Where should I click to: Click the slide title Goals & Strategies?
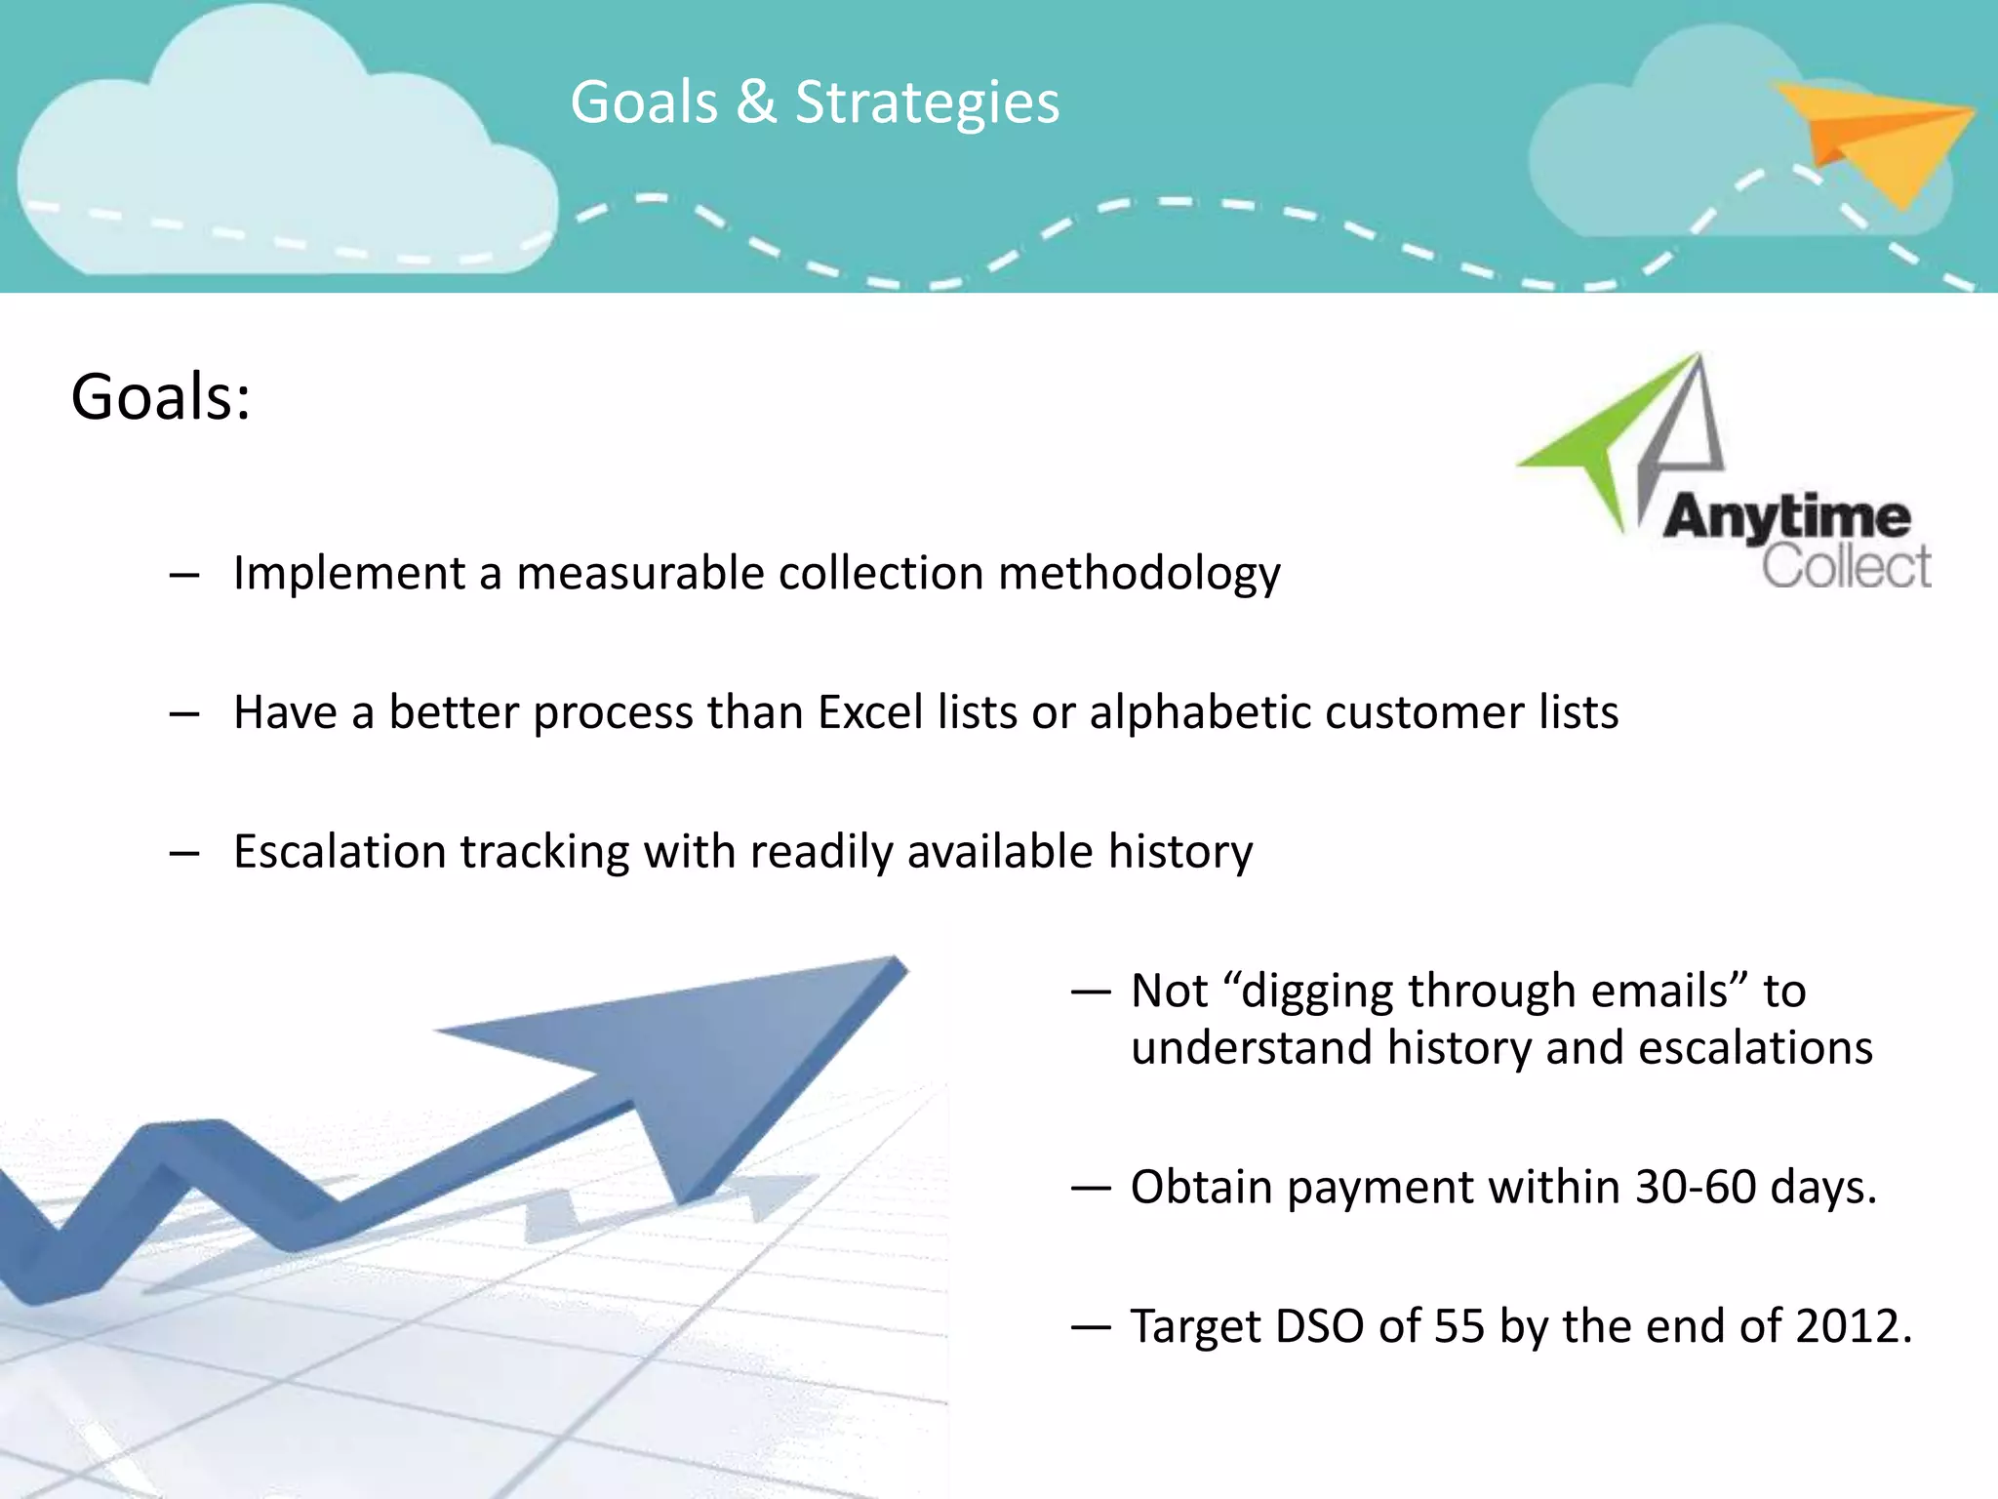coord(815,102)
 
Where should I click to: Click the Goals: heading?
coord(161,398)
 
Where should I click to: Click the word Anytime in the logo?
coord(1786,517)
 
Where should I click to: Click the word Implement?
coord(348,574)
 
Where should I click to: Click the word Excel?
coord(870,712)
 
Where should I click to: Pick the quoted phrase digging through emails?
coord(1483,992)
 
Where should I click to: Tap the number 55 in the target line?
coord(1459,1327)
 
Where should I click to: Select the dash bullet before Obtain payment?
coord(1091,1189)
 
